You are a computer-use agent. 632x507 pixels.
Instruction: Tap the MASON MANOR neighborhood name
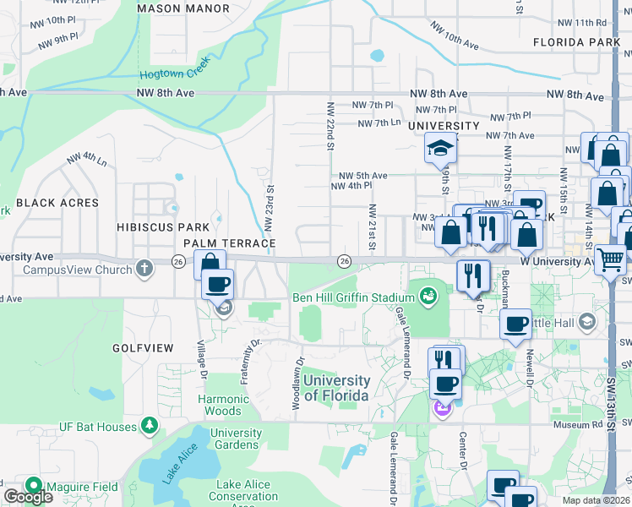pos(183,8)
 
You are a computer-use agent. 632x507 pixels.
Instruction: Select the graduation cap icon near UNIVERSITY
pos(439,148)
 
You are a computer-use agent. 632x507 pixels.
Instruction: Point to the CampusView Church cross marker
pos(144,270)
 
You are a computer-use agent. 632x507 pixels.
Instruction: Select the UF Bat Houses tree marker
pos(150,425)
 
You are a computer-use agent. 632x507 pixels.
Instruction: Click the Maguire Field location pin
pos(34,486)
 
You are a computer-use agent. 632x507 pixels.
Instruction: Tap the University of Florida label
pos(335,388)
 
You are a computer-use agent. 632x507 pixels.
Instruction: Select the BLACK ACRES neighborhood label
pos(57,203)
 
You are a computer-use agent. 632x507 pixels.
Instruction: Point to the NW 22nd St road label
pos(330,127)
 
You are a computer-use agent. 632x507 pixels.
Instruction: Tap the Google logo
pos(27,497)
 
